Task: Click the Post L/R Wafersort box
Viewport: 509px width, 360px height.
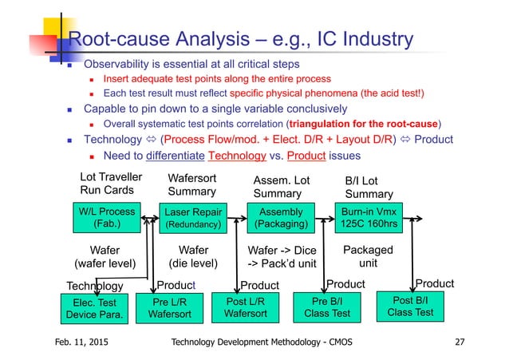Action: tap(245, 307)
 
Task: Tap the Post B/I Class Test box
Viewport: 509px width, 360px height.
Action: tap(410, 306)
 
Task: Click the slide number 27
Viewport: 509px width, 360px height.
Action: tap(459, 344)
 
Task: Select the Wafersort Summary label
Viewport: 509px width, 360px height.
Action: tap(192, 186)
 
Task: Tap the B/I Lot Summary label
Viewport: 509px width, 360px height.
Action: tap(369, 187)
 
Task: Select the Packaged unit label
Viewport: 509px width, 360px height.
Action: tap(368, 256)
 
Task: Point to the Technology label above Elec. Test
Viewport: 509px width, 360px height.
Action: tap(93, 286)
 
